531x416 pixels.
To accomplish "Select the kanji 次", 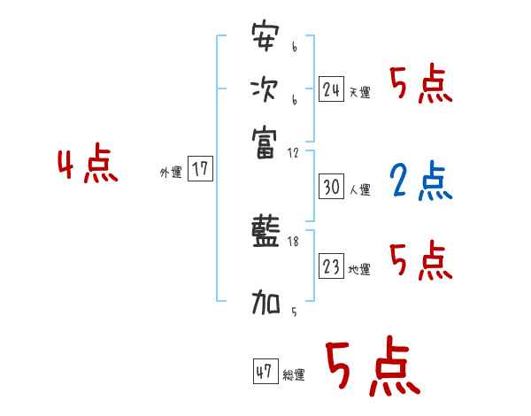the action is coord(265,90).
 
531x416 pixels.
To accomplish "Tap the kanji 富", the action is coord(265,142).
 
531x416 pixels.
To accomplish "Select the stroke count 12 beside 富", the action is coord(294,153).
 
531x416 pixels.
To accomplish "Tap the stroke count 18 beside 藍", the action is coord(294,242).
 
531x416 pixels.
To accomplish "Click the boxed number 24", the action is coord(332,89).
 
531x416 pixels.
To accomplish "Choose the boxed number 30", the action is coord(332,187).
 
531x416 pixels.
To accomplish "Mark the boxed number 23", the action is coord(332,266).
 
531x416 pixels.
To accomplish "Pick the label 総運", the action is coord(294,375).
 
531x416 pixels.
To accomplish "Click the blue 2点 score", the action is coord(419,181).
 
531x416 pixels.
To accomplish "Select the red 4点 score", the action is coord(88,166).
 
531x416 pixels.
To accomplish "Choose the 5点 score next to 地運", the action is coord(420,261).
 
